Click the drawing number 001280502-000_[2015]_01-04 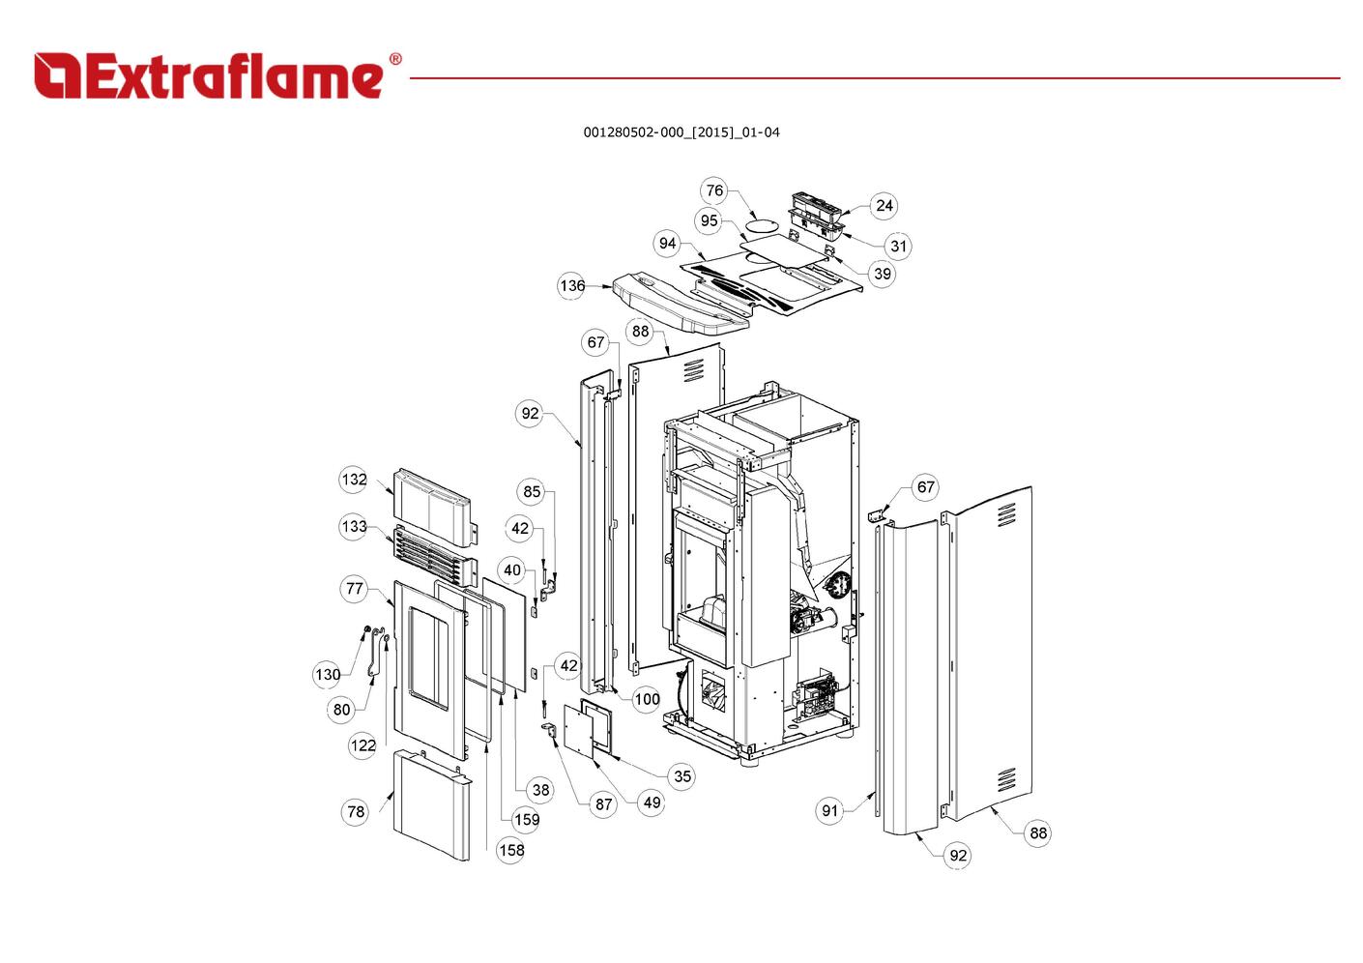(x=681, y=132)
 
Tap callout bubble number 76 (x=714, y=190)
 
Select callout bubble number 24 (x=884, y=206)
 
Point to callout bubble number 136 (x=572, y=285)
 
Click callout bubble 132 (x=354, y=480)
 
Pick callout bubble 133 (x=354, y=527)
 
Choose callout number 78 (x=356, y=811)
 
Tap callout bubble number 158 (x=510, y=850)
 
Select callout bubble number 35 (x=682, y=776)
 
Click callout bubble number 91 (x=829, y=811)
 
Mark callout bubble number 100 (x=646, y=699)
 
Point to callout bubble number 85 (x=532, y=491)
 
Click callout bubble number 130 (x=327, y=675)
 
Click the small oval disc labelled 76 (x=761, y=224)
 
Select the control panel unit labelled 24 (x=815, y=211)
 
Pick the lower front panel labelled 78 (x=433, y=804)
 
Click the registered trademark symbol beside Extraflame (x=395, y=59)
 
